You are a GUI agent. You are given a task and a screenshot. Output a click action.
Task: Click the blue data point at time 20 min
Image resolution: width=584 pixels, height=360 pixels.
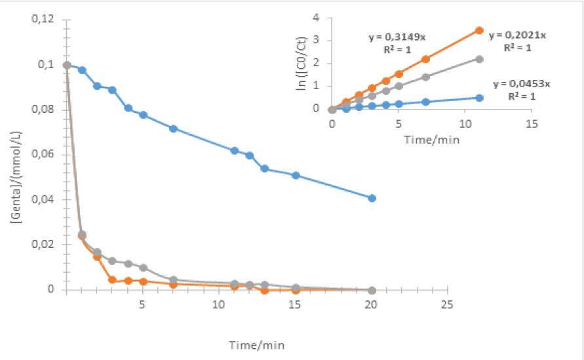coord(372,198)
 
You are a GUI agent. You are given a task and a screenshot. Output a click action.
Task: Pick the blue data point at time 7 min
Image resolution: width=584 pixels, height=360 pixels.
coord(173,129)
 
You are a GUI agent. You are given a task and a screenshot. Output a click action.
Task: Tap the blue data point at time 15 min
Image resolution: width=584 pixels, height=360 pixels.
coord(296,175)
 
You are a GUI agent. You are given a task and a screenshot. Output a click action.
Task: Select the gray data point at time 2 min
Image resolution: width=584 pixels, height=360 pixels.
coord(97,252)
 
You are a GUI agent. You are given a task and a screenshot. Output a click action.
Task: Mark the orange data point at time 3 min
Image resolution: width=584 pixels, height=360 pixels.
coord(112,280)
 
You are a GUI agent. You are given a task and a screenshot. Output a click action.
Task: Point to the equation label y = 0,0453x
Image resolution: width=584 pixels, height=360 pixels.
coord(524,84)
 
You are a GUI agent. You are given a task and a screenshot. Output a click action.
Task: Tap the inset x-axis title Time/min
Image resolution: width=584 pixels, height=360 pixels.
coord(432,140)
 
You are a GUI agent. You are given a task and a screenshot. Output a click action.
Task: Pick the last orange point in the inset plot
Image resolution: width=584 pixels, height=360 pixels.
coord(479,30)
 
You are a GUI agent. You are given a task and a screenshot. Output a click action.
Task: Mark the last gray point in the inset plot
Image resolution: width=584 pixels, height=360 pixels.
coord(479,59)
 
